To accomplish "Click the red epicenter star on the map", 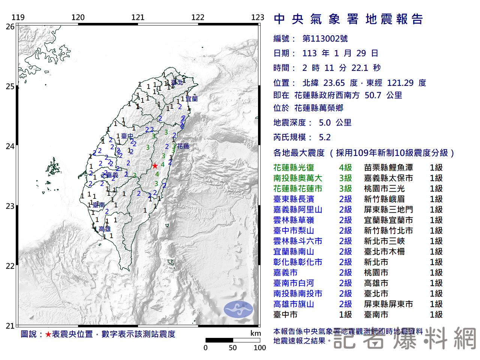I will [x=154, y=166].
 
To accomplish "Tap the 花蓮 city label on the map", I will [x=183, y=146].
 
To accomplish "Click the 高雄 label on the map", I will [x=105, y=229].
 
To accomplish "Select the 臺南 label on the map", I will [x=99, y=205].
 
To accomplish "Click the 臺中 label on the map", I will [x=127, y=136].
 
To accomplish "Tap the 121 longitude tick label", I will [x=138, y=17].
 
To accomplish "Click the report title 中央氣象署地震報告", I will [x=348, y=19].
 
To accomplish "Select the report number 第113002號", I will [x=325, y=39].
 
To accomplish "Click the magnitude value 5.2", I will [x=325, y=137].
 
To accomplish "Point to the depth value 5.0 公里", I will [x=335, y=123].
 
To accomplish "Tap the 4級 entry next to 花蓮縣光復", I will [x=345, y=168].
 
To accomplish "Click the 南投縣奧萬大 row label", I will [x=297, y=178].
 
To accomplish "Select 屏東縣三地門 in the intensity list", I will [x=388, y=210].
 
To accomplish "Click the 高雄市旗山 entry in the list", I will [x=293, y=304].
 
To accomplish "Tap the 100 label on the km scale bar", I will [x=259, y=348].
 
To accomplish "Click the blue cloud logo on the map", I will [x=238, y=309].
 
